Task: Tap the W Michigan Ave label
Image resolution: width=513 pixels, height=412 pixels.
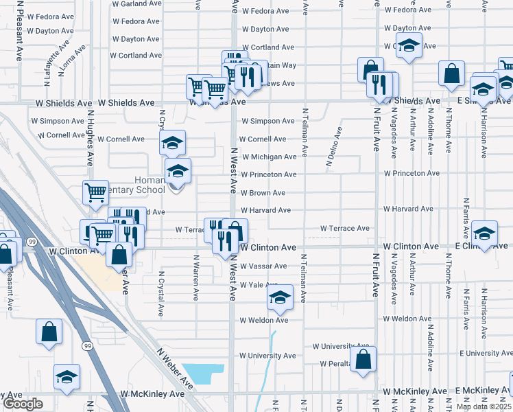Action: coord(267,157)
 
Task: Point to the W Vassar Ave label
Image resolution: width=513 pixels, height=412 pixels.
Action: coord(263,266)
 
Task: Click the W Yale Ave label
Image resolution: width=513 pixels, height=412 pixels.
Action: coord(259,284)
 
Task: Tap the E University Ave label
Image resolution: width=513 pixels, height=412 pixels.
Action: coord(486,353)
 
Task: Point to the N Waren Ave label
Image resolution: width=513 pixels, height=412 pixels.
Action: coord(195,278)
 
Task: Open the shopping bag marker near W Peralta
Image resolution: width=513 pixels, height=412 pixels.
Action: coord(363,358)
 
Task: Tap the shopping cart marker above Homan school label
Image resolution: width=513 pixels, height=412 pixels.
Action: coord(95,192)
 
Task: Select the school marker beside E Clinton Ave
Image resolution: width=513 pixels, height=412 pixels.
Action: coord(484,233)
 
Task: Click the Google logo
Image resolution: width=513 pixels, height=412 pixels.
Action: coord(23,404)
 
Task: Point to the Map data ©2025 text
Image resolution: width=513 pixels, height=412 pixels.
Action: coord(484,407)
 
